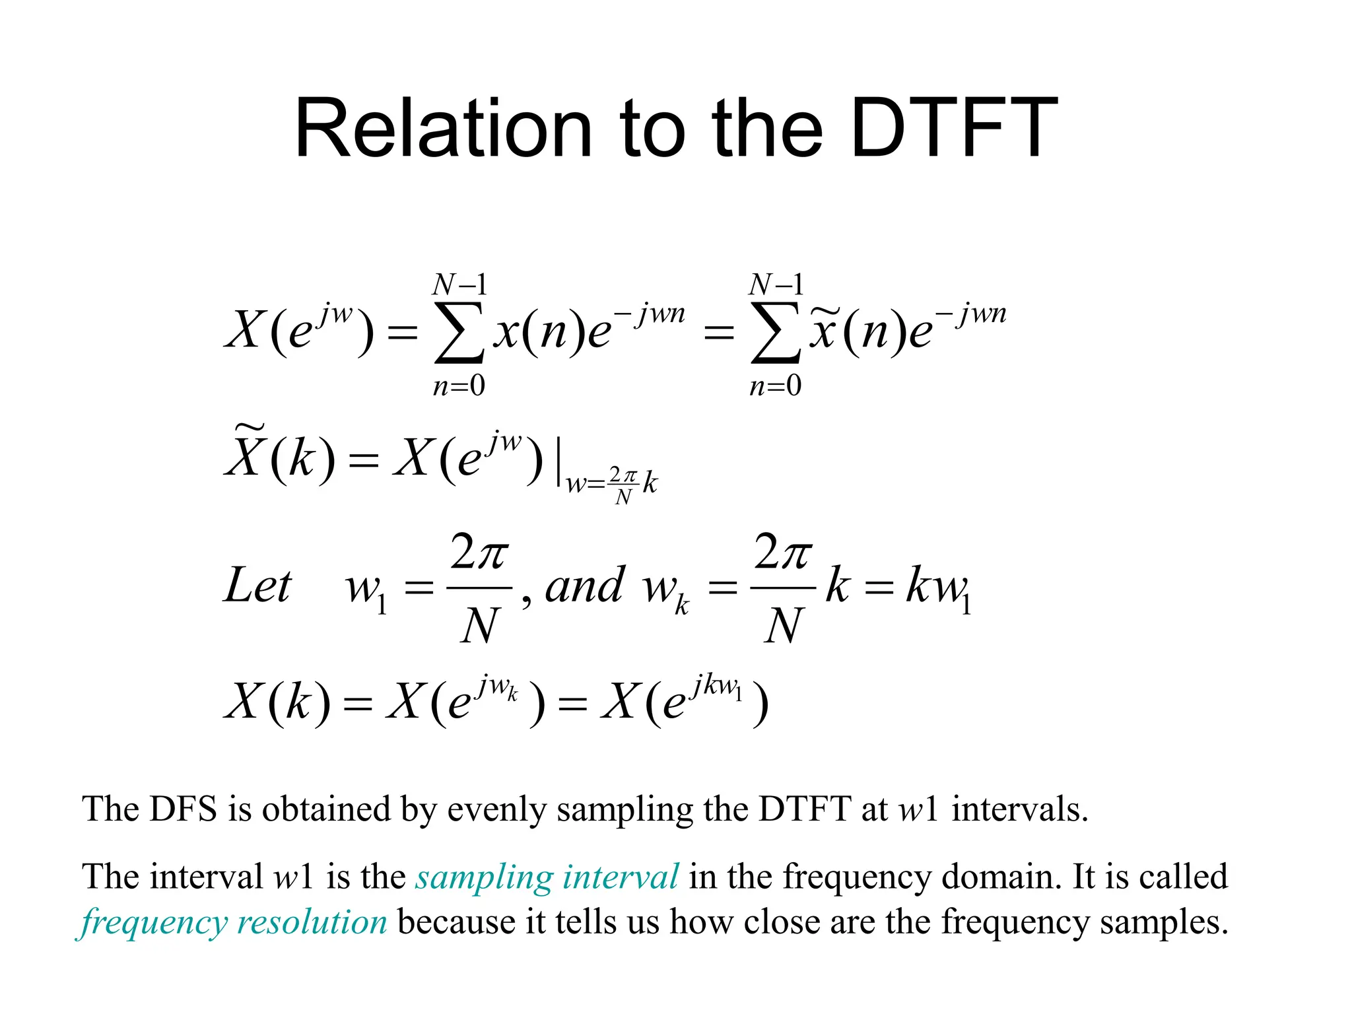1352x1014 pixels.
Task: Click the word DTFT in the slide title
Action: coord(954,128)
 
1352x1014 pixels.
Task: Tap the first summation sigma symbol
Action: coord(459,333)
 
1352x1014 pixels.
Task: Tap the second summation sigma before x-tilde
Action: coord(775,333)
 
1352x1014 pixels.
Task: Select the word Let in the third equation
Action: coord(257,586)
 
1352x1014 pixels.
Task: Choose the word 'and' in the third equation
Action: coord(584,586)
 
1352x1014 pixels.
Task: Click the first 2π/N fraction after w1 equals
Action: coord(479,588)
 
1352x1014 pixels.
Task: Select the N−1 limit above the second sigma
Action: coord(776,285)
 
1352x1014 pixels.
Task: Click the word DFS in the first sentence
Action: coord(184,809)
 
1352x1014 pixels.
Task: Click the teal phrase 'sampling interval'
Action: coord(547,877)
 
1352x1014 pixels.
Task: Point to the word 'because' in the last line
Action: coord(456,922)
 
